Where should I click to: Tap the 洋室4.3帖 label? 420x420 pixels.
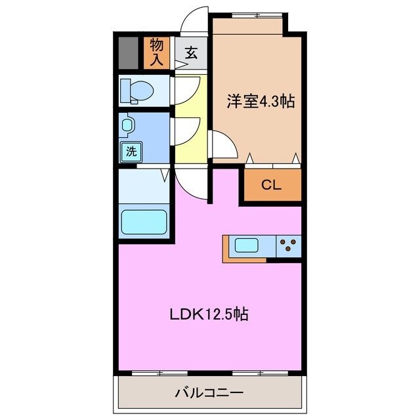[x=261, y=101]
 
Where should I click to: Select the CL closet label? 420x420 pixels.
[x=272, y=185]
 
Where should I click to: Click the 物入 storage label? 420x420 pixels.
[x=156, y=52]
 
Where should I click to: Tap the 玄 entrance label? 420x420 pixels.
[x=190, y=53]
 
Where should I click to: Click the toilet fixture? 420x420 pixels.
[x=137, y=90]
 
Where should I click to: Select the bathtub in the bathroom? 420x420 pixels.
[x=144, y=221]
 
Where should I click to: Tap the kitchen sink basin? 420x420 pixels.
[x=247, y=247]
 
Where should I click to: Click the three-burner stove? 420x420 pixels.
[x=287, y=247]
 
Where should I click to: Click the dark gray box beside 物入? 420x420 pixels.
[x=128, y=52]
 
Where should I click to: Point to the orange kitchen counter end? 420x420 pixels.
[x=227, y=248]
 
